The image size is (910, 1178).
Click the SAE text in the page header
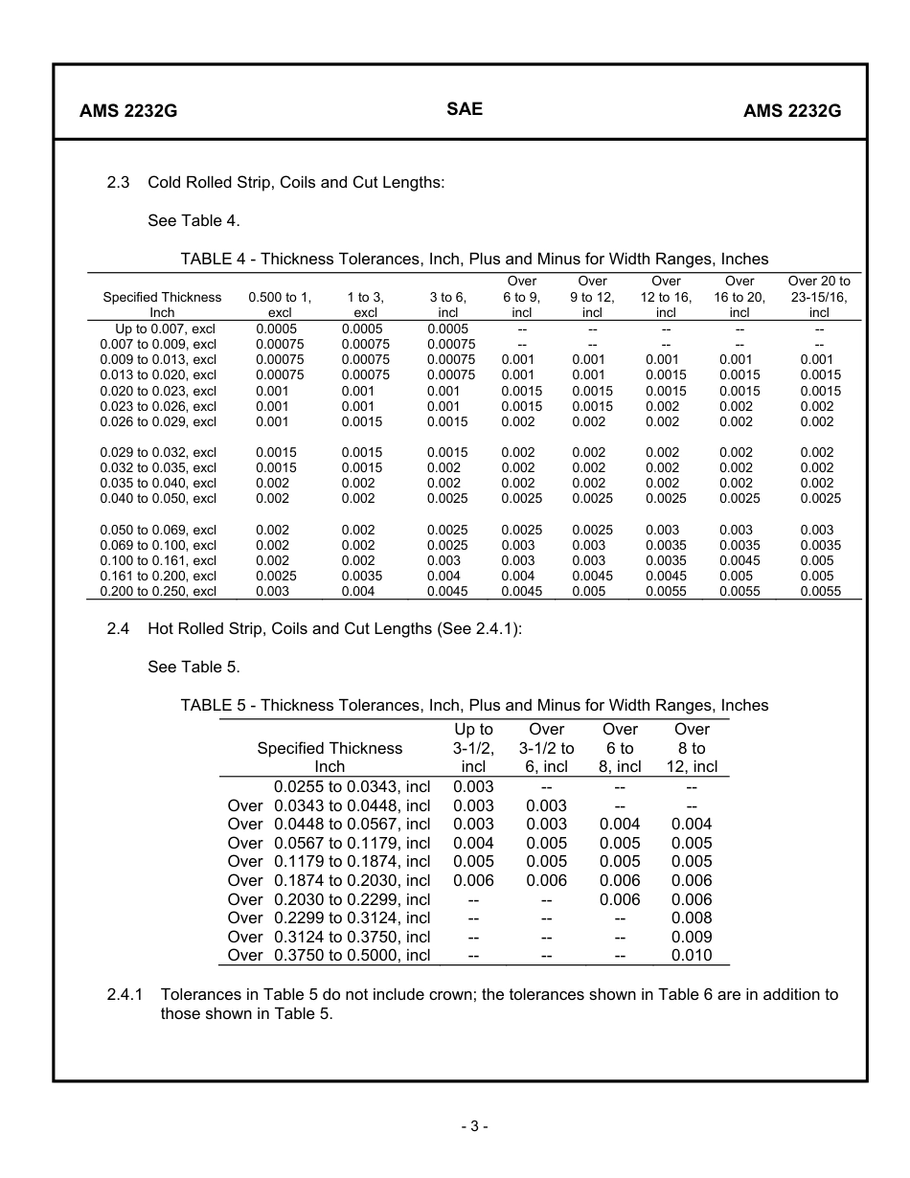pyautogui.click(x=465, y=109)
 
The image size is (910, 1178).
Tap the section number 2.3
pyautogui.click(x=118, y=182)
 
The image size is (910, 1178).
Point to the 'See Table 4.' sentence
pyautogui.click(x=193, y=220)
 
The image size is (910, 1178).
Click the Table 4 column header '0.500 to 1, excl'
pyautogui.click(x=280, y=305)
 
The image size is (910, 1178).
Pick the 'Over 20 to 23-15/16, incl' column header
pyautogui.click(x=818, y=297)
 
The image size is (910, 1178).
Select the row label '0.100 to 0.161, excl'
pyautogui.click(x=158, y=560)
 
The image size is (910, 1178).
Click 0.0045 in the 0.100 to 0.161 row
pyautogui.click(x=739, y=560)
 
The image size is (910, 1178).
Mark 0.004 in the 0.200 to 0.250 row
pyautogui.click(x=358, y=591)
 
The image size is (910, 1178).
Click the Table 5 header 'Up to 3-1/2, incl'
pyautogui.click(x=473, y=748)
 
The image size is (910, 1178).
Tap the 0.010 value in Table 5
pyautogui.click(x=692, y=955)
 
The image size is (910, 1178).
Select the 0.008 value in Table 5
pyautogui.click(x=692, y=917)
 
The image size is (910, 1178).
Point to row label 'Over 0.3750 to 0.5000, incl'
pyautogui.click(x=329, y=955)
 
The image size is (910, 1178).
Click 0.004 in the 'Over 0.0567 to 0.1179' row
pyautogui.click(x=473, y=843)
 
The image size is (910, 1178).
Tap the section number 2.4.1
pyautogui.click(x=125, y=994)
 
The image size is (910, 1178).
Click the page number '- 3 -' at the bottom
pyautogui.click(x=473, y=1126)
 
